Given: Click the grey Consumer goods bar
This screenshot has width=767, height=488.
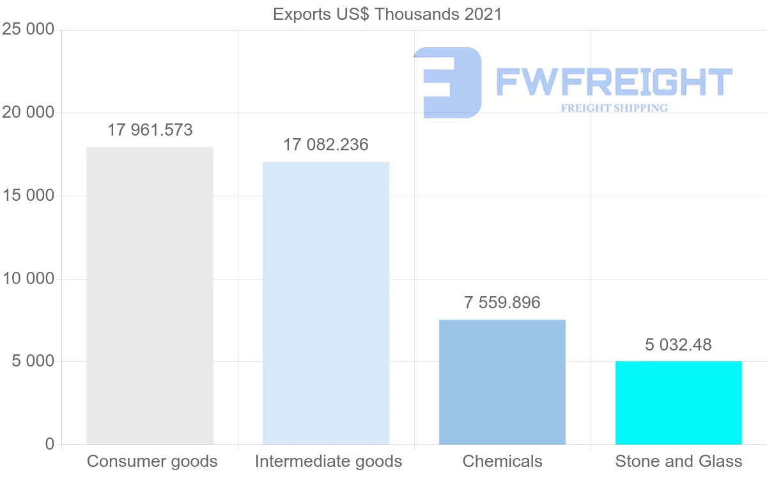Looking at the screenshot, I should pyautogui.click(x=150, y=295).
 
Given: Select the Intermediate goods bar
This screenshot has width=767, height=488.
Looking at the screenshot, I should pyautogui.click(x=326, y=303).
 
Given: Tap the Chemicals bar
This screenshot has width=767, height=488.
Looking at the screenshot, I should pyautogui.click(x=502, y=382).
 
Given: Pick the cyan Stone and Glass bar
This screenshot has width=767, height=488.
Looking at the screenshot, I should pyautogui.click(x=679, y=403).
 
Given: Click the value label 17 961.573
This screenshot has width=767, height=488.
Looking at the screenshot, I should pyautogui.click(x=150, y=130).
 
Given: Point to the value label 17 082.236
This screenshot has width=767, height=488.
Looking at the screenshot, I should pyautogui.click(x=326, y=145).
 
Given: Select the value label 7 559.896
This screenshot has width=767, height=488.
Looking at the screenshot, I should pyautogui.click(x=502, y=303).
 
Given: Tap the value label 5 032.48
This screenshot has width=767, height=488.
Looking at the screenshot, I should pyautogui.click(x=678, y=345).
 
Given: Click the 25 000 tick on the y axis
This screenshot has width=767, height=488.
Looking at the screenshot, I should pyautogui.click(x=27, y=30).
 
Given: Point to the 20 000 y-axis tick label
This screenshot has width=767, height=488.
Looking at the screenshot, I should pyautogui.click(x=27, y=113).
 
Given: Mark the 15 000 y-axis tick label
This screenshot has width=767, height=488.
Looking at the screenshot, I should pyautogui.click(x=27, y=196).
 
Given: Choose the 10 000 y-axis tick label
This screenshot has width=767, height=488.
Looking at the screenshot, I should pyautogui.click(x=27, y=279).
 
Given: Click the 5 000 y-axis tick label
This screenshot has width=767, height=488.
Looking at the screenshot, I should pyautogui.click(x=32, y=361).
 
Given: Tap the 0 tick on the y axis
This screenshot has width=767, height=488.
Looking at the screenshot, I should pyautogui.click(x=50, y=445).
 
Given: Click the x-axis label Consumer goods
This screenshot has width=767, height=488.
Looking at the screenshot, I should pyautogui.click(x=152, y=462).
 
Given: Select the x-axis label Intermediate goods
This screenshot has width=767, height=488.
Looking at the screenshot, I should pyautogui.click(x=329, y=462).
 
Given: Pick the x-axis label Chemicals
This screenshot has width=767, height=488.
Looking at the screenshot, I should pyautogui.click(x=502, y=462).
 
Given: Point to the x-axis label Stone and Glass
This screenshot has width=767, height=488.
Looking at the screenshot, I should pyautogui.click(x=679, y=462).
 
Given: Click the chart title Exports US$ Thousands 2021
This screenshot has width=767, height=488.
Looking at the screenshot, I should pyautogui.click(x=387, y=14).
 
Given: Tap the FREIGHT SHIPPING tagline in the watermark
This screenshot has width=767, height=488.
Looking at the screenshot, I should pyautogui.click(x=614, y=108).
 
